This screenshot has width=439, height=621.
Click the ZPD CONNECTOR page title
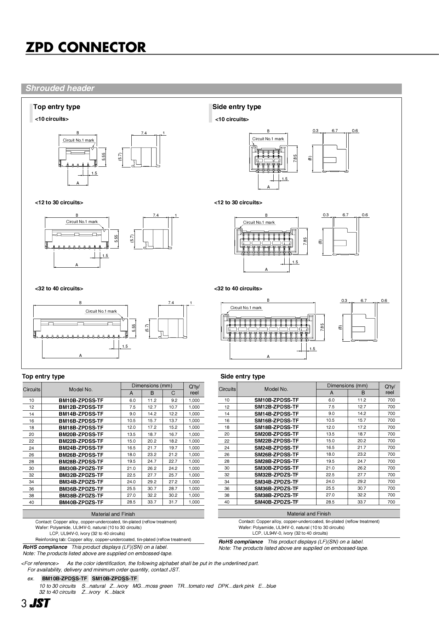pos(86,47)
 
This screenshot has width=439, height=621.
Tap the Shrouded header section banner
pos(60,89)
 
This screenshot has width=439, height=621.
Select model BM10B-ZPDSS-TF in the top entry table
pos(81,400)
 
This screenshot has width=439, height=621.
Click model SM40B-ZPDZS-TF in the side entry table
pos(276,502)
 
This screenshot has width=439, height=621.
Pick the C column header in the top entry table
pos(173,393)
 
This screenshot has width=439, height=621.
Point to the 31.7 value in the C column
pos(173,502)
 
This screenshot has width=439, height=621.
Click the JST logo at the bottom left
pos(40,604)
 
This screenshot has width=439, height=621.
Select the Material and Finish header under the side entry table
pos(309,514)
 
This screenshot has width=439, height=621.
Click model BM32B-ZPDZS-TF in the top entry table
pos(81,475)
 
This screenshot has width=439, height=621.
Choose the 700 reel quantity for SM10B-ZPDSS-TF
pos(391,400)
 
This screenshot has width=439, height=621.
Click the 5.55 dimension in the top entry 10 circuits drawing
pos(103,156)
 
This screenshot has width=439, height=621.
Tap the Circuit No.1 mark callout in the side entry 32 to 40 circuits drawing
pos(246,308)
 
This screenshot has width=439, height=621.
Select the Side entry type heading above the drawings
pos(236,107)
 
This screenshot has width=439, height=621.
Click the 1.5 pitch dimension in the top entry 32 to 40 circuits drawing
pos(125,346)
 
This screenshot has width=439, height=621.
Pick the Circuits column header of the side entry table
pos(227,389)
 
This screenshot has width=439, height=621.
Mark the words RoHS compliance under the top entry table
pos(45,547)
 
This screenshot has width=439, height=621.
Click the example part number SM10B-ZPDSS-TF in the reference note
pos(114,579)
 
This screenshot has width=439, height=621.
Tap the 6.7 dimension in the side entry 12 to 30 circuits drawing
pos(345,215)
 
